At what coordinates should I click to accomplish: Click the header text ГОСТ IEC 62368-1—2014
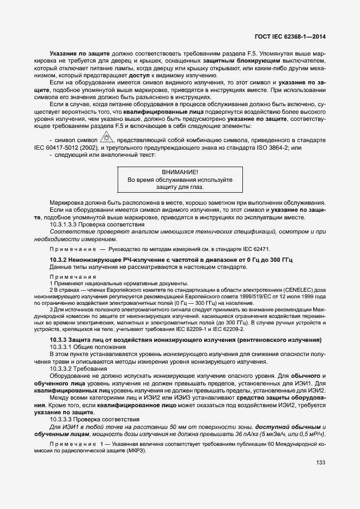pyautogui.click(x=294, y=37)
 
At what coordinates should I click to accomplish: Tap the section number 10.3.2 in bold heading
pyautogui.click(x=59, y=260)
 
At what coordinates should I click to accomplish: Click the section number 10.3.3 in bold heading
pyautogui.click(x=59, y=340)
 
